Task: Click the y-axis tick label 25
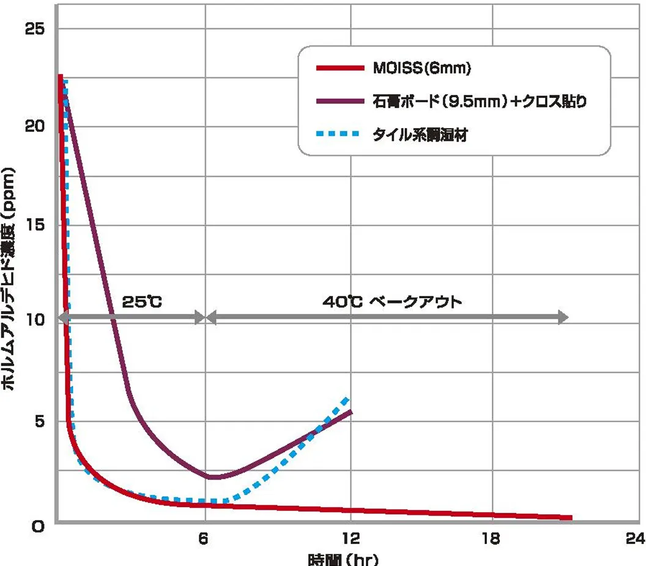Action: coord(32,29)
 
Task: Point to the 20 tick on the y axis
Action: coord(32,126)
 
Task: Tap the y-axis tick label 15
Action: coord(32,224)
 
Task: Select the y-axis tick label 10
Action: coord(32,320)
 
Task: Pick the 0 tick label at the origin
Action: coord(38,526)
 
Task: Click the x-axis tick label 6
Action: coord(204,539)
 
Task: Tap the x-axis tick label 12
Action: coord(351,539)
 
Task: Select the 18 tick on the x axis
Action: coord(492,539)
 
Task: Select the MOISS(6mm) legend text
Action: coord(421,69)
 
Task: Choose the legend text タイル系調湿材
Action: coord(420,135)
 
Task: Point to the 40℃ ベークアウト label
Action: coord(392,302)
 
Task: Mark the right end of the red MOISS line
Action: coord(571,518)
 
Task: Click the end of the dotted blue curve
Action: coord(349,398)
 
